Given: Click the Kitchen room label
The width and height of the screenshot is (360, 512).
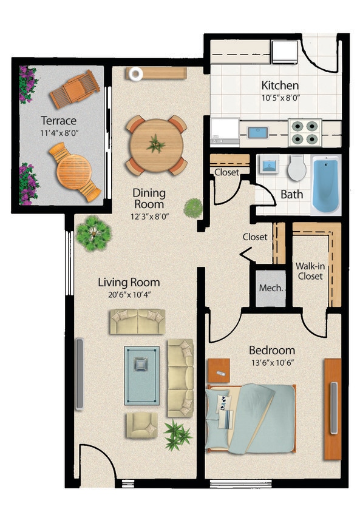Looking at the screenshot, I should (x=279, y=85).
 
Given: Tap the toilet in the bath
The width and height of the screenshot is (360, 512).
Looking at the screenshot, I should (x=297, y=168).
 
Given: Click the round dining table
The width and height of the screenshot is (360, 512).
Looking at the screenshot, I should (x=156, y=145).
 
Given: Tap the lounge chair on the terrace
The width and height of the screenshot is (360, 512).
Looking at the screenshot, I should (x=75, y=89).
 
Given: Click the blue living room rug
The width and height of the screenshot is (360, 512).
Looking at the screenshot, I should (x=142, y=375).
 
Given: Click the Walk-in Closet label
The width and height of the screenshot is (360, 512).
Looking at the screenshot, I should (x=309, y=271).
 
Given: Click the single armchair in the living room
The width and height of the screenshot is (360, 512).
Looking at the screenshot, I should (x=141, y=425).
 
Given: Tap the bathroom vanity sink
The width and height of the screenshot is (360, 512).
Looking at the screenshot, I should (x=267, y=164).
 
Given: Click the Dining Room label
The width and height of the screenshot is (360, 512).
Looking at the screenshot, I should (x=149, y=198).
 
